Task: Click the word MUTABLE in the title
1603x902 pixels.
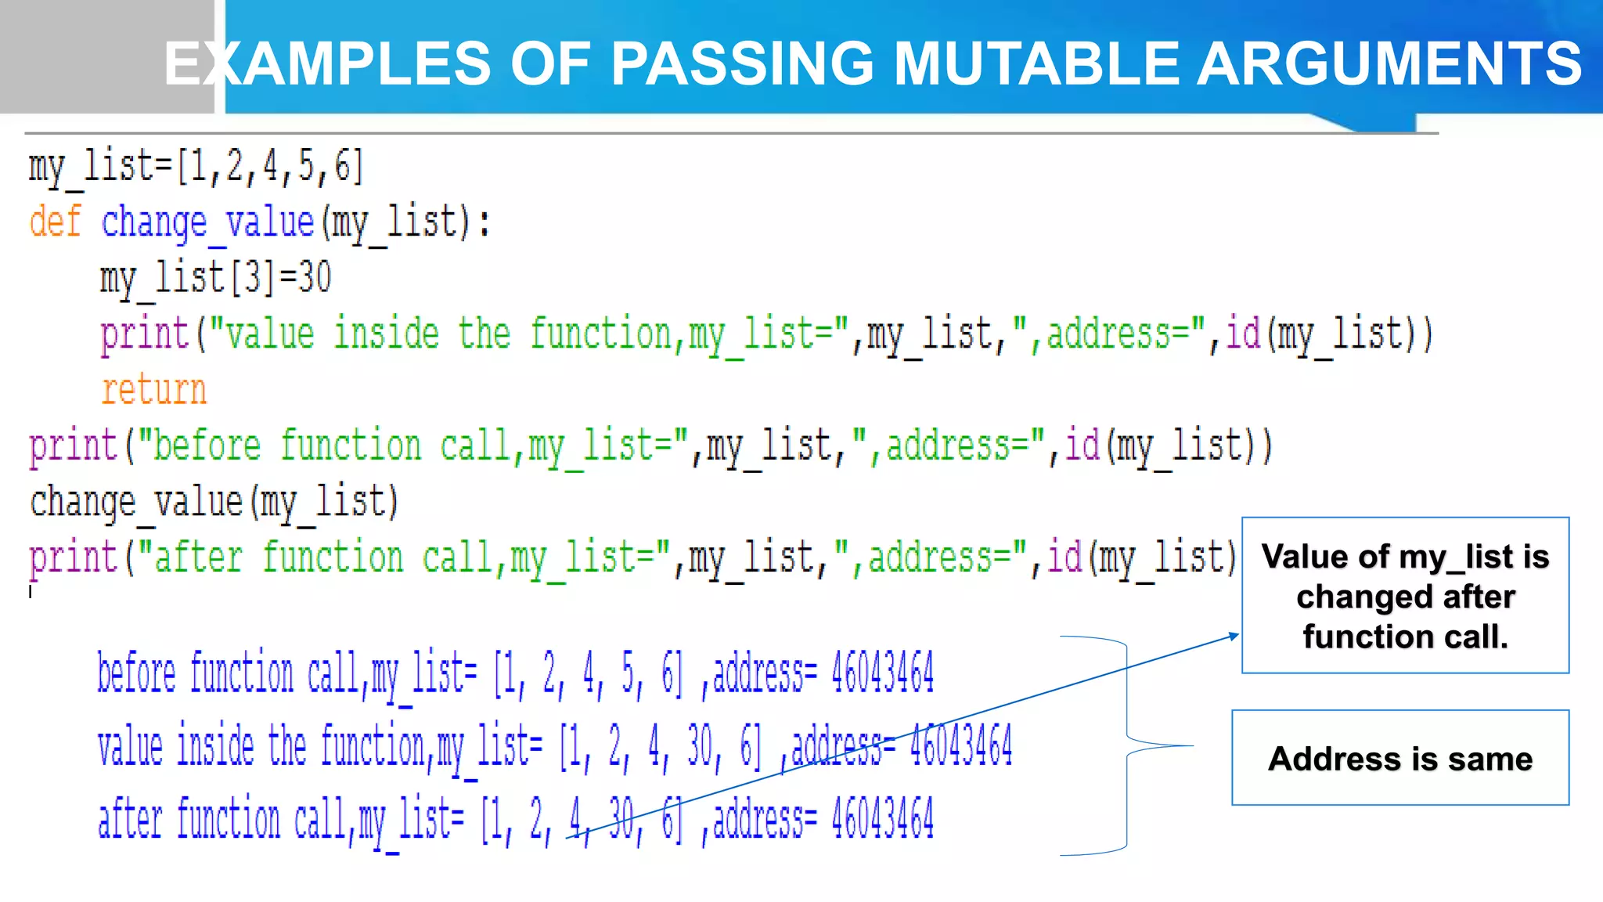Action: click(1036, 63)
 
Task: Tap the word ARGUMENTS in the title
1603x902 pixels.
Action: click(1389, 63)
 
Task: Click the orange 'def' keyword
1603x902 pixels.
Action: click(55, 222)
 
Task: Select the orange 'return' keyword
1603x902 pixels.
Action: click(153, 389)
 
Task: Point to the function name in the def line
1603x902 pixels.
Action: click(207, 222)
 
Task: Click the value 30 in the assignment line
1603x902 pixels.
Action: click(315, 277)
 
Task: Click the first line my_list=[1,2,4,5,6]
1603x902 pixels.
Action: click(196, 167)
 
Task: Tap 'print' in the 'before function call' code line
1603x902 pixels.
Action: click(73, 446)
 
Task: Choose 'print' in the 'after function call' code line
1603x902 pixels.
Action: click(73, 557)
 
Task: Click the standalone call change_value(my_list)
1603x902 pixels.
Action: click(214, 502)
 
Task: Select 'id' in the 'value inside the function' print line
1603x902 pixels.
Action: click(1243, 334)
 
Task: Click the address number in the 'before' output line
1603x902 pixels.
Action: click(882, 672)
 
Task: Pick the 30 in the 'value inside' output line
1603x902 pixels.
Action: click(699, 745)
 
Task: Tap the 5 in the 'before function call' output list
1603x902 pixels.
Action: click(628, 672)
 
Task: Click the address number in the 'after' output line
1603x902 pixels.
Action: click(882, 818)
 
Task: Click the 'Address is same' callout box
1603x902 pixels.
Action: click(1400, 758)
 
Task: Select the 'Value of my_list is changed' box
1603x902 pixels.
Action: click(1405, 596)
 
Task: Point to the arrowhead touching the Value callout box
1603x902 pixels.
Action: click(1234, 636)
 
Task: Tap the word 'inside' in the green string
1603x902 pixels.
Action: click(387, 334)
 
